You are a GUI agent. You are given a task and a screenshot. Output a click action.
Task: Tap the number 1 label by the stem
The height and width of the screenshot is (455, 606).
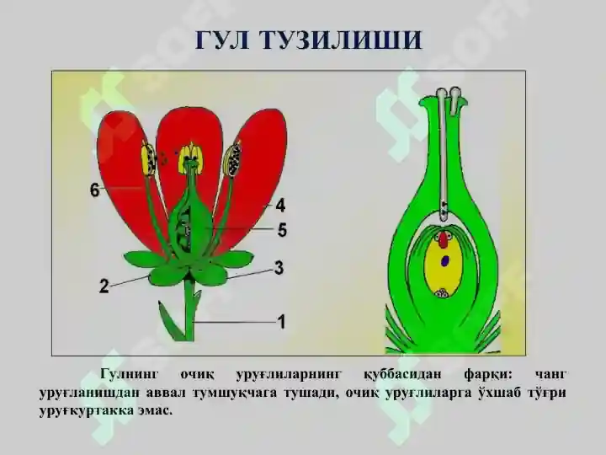click(x=282, y=321)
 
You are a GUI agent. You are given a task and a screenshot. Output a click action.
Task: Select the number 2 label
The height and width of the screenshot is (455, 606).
click(x=104, y=286)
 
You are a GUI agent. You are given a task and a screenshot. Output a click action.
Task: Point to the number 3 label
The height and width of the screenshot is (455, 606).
click(x=279, y=268)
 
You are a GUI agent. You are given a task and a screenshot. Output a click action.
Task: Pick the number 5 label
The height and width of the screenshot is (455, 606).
click(x=283, y=229)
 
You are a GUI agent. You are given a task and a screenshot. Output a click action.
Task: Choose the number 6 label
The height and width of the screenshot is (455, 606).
click(x=95, y=191)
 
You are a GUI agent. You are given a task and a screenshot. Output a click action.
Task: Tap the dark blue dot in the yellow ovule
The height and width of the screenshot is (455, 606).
click(x=444, y=261)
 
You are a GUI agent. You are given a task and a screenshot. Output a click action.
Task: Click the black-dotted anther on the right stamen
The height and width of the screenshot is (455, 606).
click(x=235, y=158)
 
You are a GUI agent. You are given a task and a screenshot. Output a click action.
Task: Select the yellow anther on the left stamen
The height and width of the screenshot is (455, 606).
click(x=149, y=160)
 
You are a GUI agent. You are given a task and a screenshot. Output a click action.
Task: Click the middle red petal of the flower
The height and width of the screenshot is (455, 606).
click(x=189, y=126)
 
